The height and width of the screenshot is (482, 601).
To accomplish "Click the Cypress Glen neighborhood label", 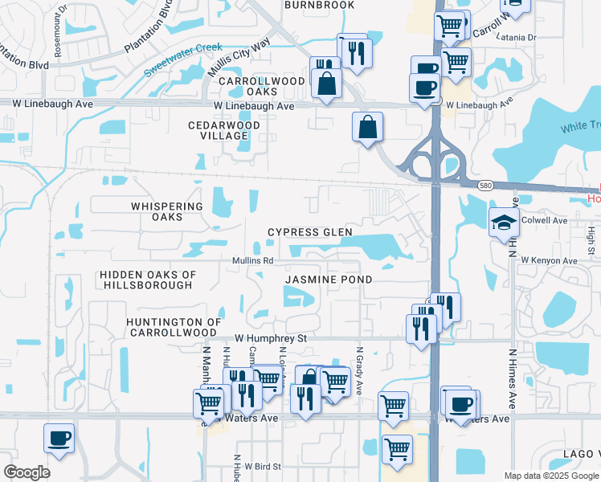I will coord(309,232).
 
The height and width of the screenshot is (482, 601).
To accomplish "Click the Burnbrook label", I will coord(319,5).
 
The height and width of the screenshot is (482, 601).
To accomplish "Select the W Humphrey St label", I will coord(271,338).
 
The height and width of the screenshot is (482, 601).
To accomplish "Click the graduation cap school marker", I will coord(504,222).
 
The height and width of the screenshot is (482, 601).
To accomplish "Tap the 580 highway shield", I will coord(484,185).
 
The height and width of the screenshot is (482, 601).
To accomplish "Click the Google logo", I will coord(27,472).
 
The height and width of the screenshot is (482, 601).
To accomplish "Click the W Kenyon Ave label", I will coord(549,260).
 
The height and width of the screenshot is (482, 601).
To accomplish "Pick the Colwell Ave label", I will coord(549,220).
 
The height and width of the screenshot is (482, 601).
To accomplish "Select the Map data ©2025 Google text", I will coord(551,476).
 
